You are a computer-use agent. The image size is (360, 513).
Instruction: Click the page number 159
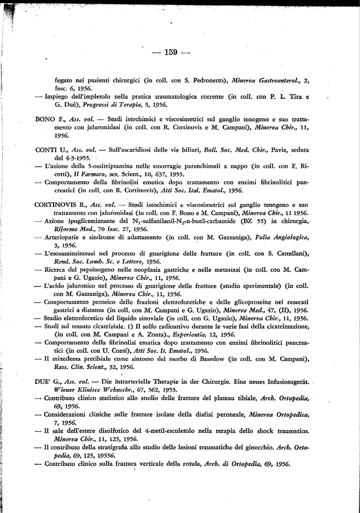tap(171, 53)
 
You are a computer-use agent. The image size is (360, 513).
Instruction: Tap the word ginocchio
tap(253, 448)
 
